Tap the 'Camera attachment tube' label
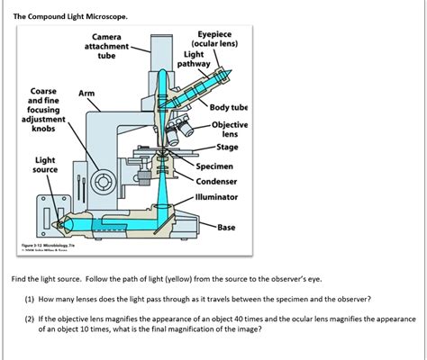pos(106,46)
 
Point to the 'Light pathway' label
pos(194,59)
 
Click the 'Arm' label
pos(86,93)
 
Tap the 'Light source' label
pos(45,165)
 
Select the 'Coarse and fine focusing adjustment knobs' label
pos(44,110)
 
